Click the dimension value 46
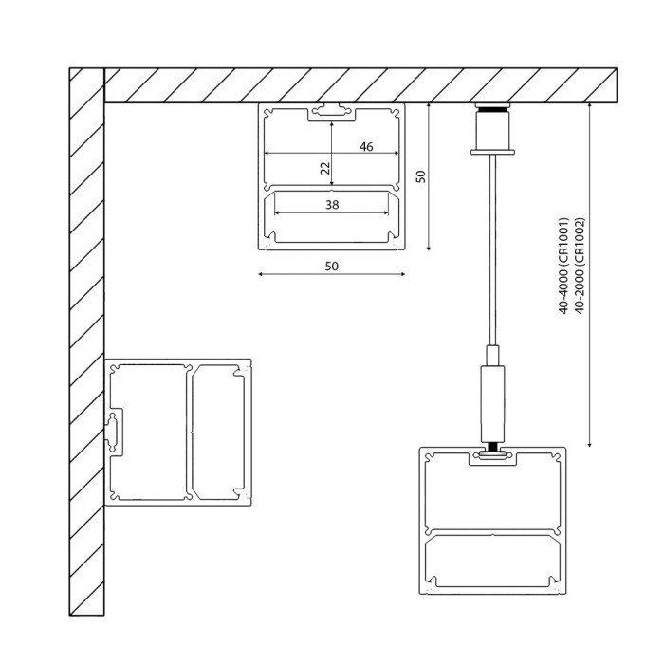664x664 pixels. click(x=366, y=146)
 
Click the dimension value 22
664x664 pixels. click(x=324, y=168)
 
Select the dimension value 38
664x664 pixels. click(x=331, y=204)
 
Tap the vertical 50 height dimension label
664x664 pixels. click(x=421, y=176)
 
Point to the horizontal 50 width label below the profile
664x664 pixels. click(x=331, y=267)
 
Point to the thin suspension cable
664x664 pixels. click(x=492, y=247)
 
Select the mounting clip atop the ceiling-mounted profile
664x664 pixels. click(x=331, y=112)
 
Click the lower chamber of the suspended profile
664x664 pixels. click(x=492, y=560)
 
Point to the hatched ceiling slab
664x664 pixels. click(x=360, y=84)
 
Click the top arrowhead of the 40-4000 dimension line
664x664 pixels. click(x=591, y=106)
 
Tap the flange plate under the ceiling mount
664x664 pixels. click(x=492, y=149)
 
